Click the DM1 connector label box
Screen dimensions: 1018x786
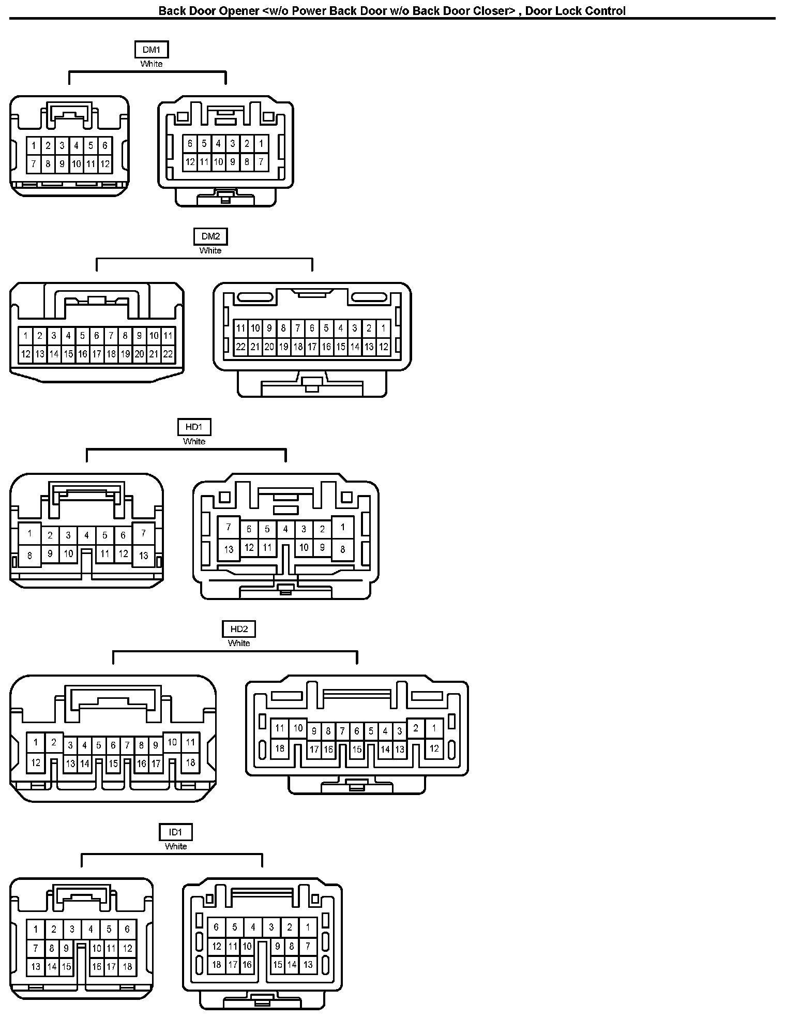[152, 50]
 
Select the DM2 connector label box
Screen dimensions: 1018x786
[210, 236]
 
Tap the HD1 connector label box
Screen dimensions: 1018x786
[194, 427]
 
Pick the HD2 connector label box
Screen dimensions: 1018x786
[239, 629]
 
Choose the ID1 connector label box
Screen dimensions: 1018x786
[176, 832]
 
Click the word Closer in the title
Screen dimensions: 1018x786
[491, 10]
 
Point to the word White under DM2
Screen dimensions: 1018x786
[210, 250]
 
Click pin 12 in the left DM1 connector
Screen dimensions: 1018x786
[105, 164]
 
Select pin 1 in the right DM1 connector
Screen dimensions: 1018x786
[261, 143]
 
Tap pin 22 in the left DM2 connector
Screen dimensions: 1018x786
[168, 354]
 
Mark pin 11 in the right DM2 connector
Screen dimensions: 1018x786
[240, 328]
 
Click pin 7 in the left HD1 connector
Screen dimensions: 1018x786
[144, 533]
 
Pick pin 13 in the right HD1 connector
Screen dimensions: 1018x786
[229, 549]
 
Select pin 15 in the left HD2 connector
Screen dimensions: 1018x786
[113, 763]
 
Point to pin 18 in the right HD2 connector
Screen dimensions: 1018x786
[280, 748]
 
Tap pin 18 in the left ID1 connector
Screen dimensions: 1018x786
[127, 966]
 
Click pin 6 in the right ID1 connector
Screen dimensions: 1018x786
[216, 927]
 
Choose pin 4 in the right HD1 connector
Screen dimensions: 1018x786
[285, 529]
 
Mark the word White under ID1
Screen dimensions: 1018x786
[176, 846]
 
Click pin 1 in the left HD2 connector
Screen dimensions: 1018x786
[36, 742]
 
